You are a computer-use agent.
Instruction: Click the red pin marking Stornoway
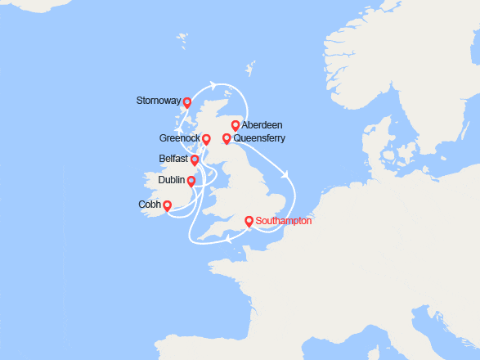click(x=187, y=102)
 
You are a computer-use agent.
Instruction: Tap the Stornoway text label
click(x=159, y=102)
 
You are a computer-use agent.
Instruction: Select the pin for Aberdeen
click(x=236, y=125)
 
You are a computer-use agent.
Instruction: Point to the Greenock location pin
click(x=206, y=139)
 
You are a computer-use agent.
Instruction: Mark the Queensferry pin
click(x=227, y=138)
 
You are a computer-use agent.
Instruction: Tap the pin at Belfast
click(x=195, y=159)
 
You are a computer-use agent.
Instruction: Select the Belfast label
click(x=174, y=159)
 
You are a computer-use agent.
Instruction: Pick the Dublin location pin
click(x=191, y=181)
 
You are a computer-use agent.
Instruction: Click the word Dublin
click(x=171, y=180)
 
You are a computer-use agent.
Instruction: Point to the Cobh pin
click(x=167, y=205)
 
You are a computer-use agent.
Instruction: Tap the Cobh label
click(x=150, y=205)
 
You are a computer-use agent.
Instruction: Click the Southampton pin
click(x=249, y=220)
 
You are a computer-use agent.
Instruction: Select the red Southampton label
click(x=284, y=221)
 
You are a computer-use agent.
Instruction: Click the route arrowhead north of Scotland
click(x=213, y=84)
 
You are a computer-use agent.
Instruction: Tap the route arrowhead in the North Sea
click(x=286, y=173)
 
